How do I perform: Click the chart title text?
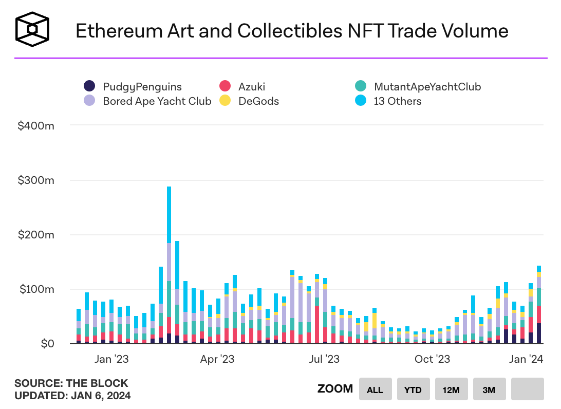pyautogui.click(x=292, y=31)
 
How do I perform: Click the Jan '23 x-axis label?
pyautogui.click(x=111, y=359)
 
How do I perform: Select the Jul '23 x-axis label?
pyautogui.click(x=324, y=359)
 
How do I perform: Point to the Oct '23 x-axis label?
pyautogui.click(x=432, y=359)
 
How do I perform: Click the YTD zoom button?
pyautogui.click(x=413, y=389)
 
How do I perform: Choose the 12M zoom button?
pyautogui.click(x=451, y=389)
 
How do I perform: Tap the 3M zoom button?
pyautogui.click(x=489, y=389)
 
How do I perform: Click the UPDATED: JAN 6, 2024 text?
pyautogui.click(x=72, y=396)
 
